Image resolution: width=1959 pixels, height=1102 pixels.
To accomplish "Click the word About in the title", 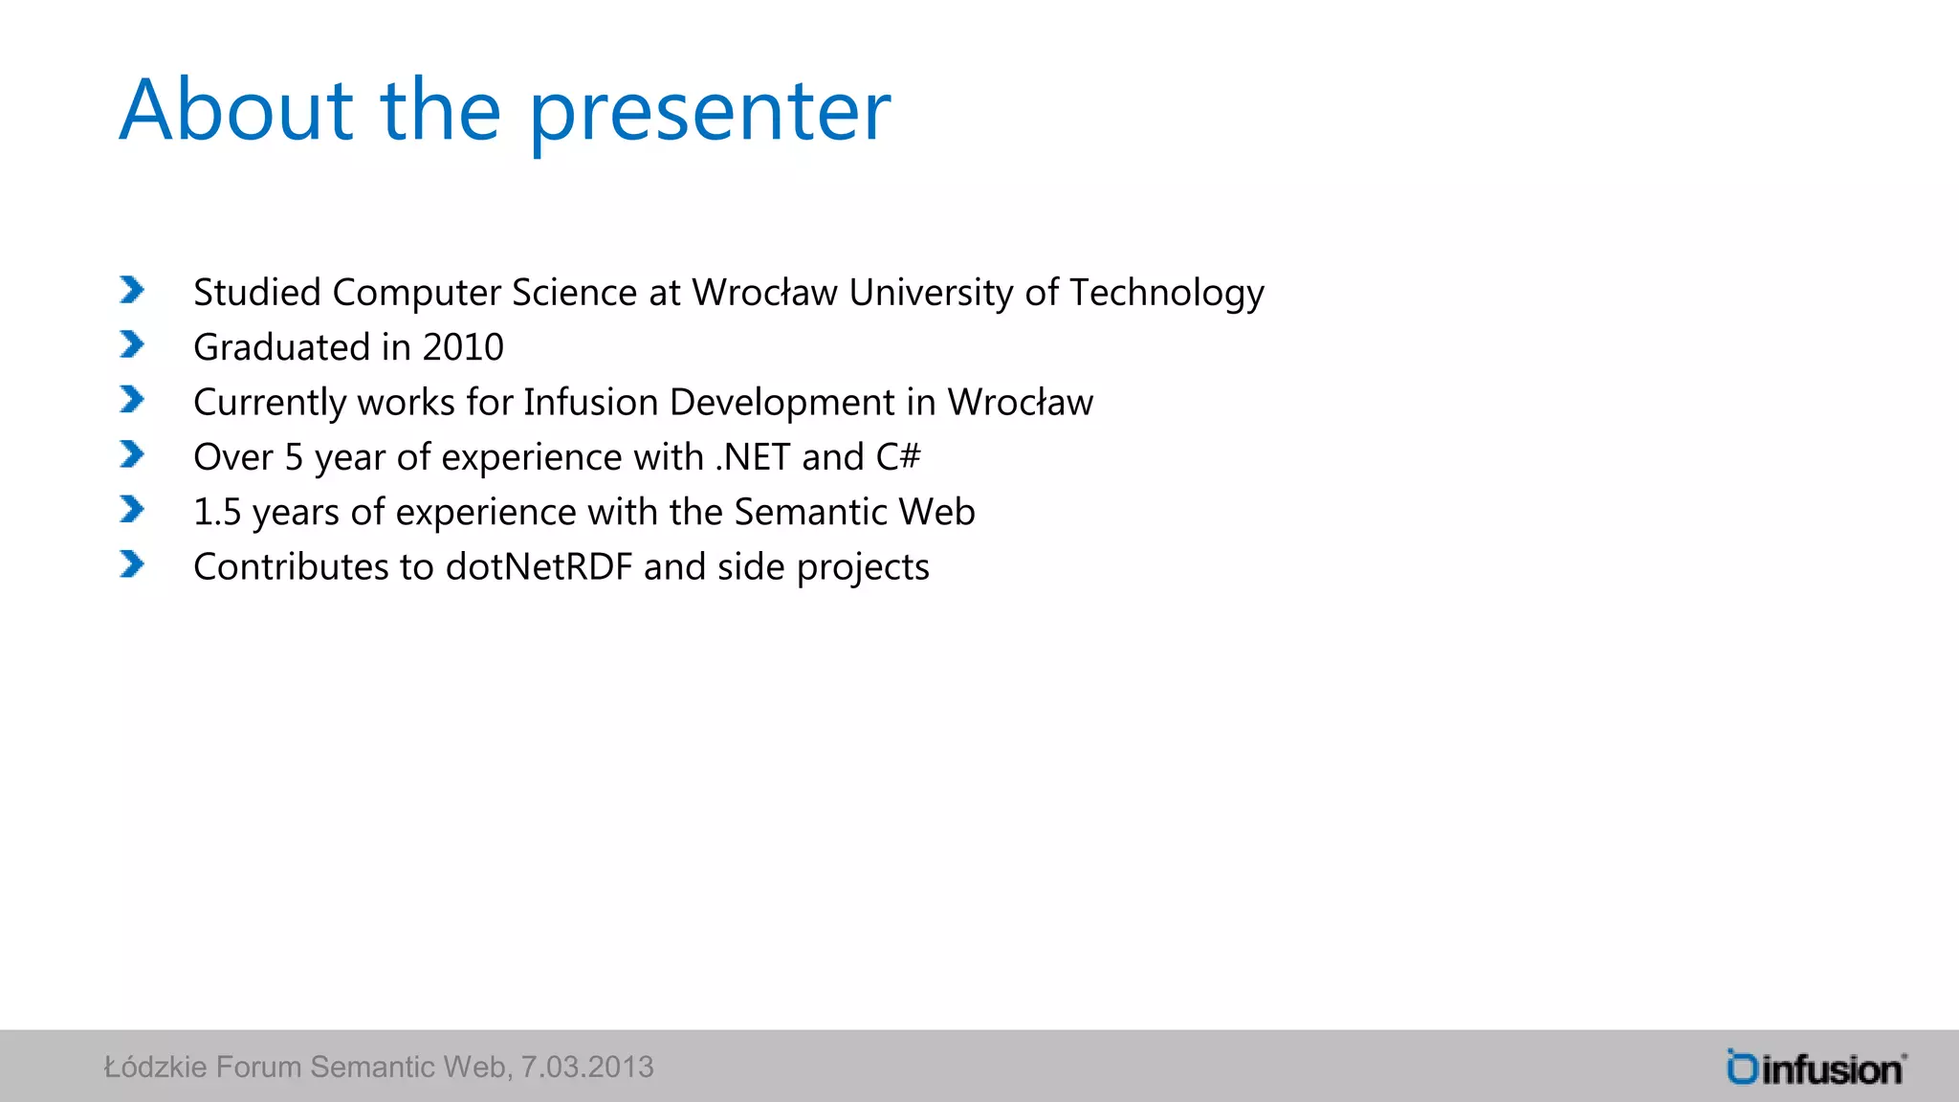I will tap(235, 111).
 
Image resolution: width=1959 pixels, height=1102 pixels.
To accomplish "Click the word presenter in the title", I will tap(709, 113).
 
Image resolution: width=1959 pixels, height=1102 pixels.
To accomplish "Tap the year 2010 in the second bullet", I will tap(463, 347).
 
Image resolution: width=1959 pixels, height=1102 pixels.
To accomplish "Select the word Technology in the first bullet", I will tap(1166, 293).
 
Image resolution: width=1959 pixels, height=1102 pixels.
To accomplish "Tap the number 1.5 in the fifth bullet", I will tap(217, 513).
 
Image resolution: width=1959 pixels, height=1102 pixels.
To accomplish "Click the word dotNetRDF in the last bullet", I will tap(539, 567).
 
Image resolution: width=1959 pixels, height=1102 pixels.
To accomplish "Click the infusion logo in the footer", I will tap(1815, 1068).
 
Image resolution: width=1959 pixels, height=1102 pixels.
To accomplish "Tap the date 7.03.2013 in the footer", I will tap(586, 1067).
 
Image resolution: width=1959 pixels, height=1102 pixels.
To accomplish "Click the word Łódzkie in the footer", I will tap(155, 1067).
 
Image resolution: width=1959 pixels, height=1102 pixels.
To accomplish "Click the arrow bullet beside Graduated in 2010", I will tap(132, 344).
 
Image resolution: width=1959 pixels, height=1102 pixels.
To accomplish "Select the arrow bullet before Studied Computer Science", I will tap(132, 290).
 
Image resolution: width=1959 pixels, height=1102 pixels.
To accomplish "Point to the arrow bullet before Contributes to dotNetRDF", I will tap(132, 564).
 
